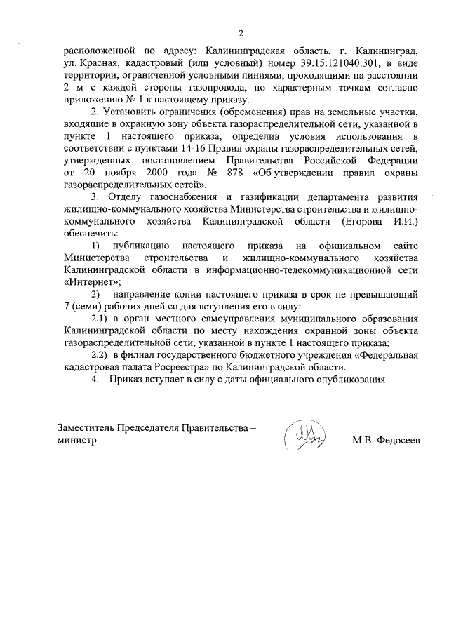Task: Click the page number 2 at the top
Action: tap(241, 33)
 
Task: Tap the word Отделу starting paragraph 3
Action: tap(121, 196)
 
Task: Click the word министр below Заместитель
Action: tap(76, 441)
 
